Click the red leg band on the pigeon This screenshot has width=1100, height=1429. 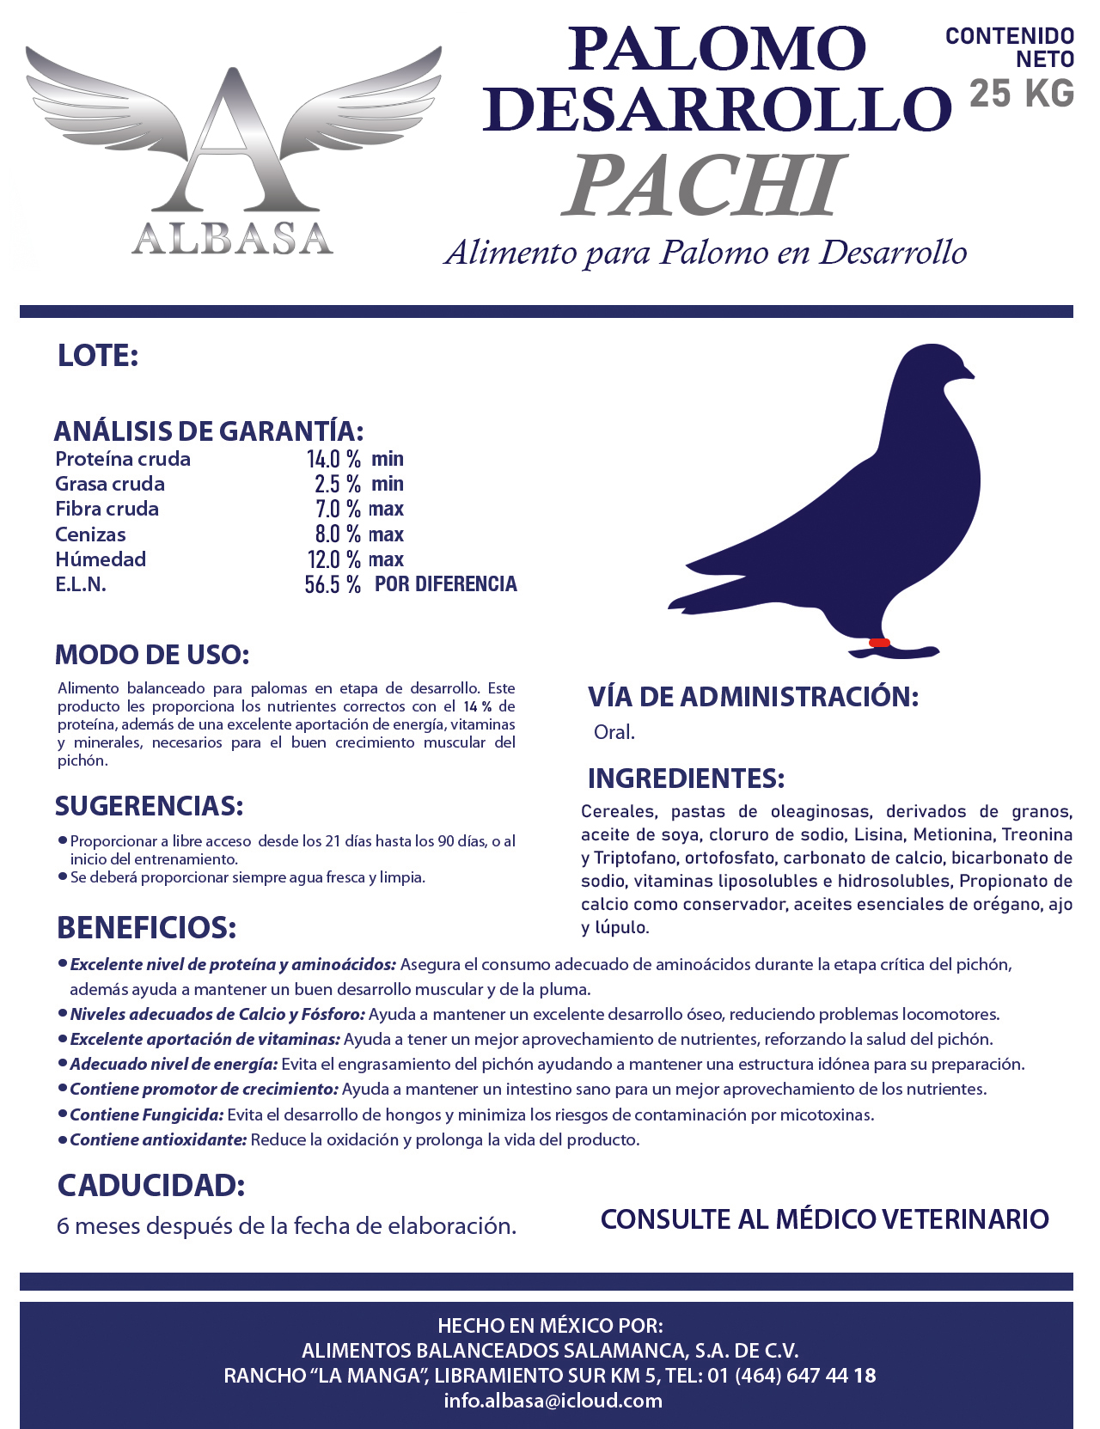(879, 643)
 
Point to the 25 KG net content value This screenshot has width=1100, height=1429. (1022, 94)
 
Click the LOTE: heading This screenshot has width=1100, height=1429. (98, 356)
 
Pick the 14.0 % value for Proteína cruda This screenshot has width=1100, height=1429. (333, 459)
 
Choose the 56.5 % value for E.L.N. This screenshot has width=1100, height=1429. (333, 585)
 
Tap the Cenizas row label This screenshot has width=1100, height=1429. (90, 534)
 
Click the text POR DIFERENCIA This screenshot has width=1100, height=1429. (446, 584)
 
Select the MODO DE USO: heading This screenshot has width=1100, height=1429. (152, 655)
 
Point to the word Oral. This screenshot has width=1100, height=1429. (614, 732)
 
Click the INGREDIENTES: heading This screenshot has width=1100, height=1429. (686, 779)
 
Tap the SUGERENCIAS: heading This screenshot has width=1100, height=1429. (150, 806)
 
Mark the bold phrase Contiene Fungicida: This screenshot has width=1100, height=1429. (147, 1115)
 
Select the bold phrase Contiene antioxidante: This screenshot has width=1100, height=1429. (158, 1140)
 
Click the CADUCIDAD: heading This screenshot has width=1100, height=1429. (151, 1186)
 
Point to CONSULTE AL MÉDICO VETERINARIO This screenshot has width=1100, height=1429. (824, 1218)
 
